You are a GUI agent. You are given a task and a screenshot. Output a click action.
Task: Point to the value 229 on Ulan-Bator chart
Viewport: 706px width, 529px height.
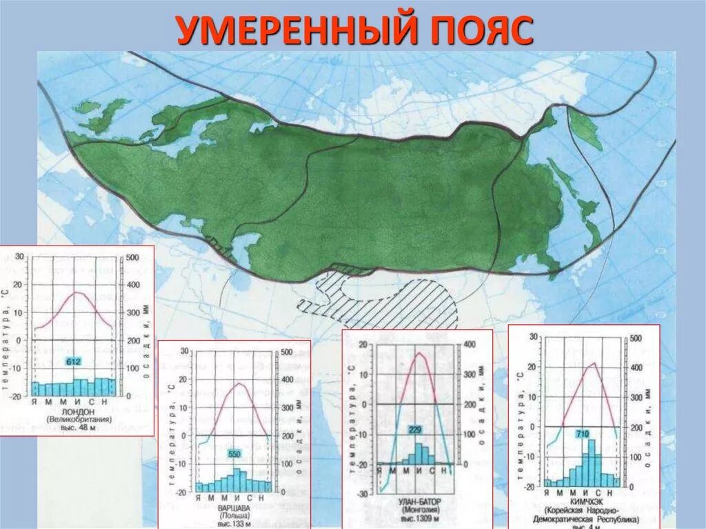point(414,430)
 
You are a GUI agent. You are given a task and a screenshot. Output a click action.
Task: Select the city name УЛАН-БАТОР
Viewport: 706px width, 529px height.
point(419,499)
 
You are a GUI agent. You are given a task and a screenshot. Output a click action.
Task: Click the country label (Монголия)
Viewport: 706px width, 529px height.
point(418,508)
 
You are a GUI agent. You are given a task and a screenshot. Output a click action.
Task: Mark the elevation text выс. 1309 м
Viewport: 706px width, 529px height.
point(418,517)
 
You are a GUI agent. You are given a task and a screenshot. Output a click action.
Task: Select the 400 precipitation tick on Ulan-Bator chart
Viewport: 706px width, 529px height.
point(469,345)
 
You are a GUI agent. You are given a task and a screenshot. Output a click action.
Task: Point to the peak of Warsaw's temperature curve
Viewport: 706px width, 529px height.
point(239,383)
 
